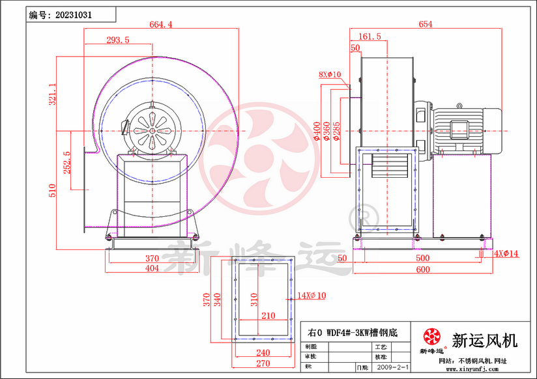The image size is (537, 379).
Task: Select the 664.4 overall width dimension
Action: pyautogui.click(x=161, y=25)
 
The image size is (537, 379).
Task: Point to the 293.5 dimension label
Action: pyautogui.click(x=117, y=40)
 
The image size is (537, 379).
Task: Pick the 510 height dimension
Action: pyautogui.click(x=53, y=189)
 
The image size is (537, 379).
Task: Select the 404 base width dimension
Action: pyautogui.click(x=151, y=268)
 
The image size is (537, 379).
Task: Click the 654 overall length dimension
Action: pyautogui.click(x=425, y=25)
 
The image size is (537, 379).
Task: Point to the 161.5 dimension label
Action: pyautogui.click(x=370, y=37)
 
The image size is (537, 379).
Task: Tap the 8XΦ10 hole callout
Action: pyautogui.click(x=330, y=75)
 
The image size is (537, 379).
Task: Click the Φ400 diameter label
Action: pyautogui.click(x=317, y=131)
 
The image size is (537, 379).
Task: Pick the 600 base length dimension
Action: pyautogui.click(x=423, y=270)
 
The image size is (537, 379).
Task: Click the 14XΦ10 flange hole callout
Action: pyautogui.click(x=312, y=296)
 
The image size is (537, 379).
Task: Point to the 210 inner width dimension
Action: pyautogui.click(x=268, y=315)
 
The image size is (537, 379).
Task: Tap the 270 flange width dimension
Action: pyautogui.click(x=263, y=363)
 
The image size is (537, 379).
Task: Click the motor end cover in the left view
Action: pyautogui.click(x=151, y=127)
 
